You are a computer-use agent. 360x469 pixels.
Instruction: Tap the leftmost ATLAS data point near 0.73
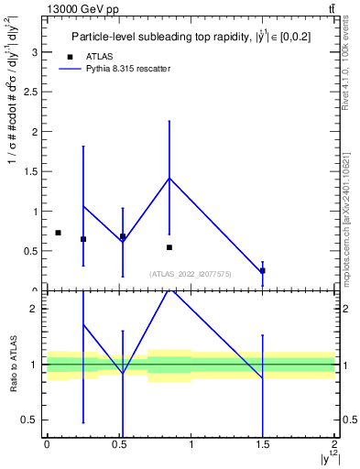[x=58, y=233]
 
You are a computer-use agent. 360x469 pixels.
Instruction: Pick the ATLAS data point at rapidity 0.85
[x=169, y=247]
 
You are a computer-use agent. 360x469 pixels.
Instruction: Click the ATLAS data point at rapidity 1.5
[x=263, y=270]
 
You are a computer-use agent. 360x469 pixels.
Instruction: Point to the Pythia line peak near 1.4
[x=169, y=178]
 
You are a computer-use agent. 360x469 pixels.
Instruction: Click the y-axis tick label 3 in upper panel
[x=36, y=52]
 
